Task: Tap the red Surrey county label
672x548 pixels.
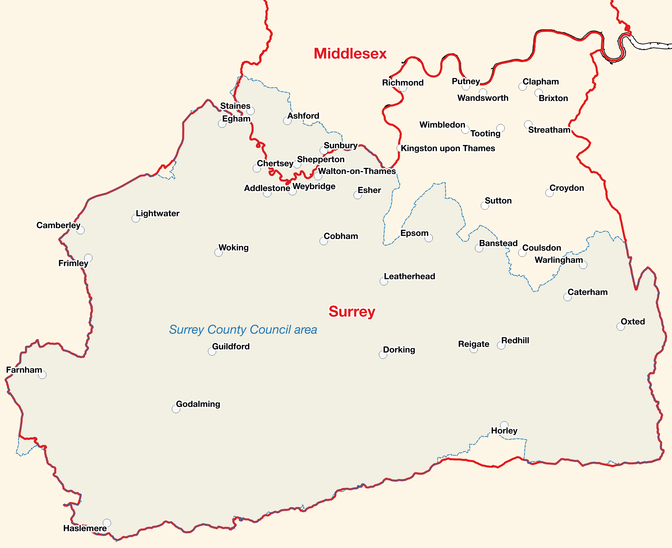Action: click(x=352, y=312)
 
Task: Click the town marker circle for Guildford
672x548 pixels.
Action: click(x=212, y=351)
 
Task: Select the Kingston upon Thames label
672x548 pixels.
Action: click(x=447, y=148)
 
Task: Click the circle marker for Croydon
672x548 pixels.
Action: click(x=549, y=193)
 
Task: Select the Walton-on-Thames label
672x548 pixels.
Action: click(x=357, y=171)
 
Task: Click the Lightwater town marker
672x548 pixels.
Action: click(x=136, y=218)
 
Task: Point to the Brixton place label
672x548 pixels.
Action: click(x=553, y=98)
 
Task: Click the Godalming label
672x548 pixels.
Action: click(x=198, y=404)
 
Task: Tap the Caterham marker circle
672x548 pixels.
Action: click(x=567, y=297)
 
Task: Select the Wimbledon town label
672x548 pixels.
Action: click(x=442, y=125)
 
